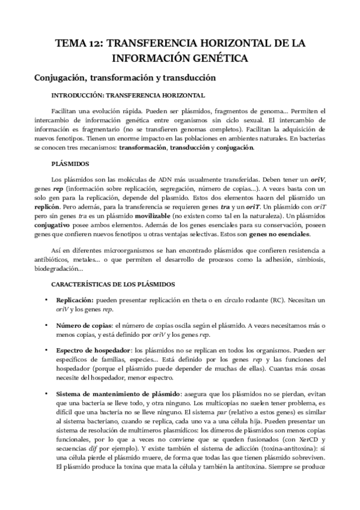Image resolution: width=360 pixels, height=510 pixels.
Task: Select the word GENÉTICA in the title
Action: [216, 59]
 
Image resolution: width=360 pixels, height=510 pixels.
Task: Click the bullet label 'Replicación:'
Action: [75, 300]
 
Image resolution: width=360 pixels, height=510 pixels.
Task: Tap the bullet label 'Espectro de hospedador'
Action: [93, 351]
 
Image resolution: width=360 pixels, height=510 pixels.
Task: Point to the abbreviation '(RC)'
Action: [282, 300]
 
